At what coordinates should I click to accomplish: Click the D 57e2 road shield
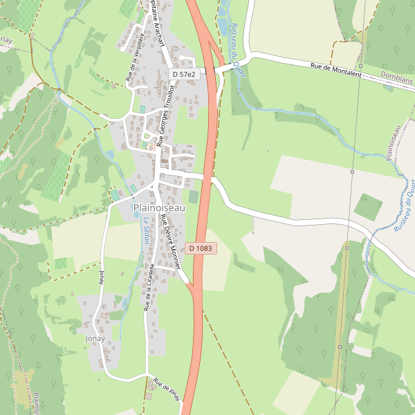pos(185,74)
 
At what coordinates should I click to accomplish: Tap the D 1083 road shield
pos(200,248)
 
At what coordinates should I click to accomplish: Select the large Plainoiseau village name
pos(159,207)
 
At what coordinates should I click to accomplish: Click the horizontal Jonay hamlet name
pos(95,339)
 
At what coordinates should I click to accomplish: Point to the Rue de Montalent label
pos(336,71)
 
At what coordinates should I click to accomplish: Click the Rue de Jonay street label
pos(167,389)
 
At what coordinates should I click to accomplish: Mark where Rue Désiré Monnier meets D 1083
pos(192,284)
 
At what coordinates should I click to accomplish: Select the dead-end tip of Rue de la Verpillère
pos(122,50)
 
